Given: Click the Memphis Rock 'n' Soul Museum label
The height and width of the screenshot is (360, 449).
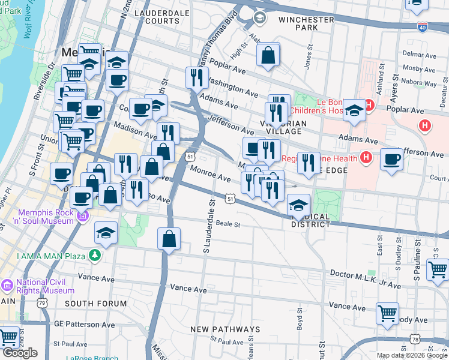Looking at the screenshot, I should (x=40, y=217).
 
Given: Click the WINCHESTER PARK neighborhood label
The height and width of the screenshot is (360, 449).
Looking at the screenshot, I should (x=307, y=23).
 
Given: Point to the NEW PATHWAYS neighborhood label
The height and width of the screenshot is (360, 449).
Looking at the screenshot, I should (x=225, y=329).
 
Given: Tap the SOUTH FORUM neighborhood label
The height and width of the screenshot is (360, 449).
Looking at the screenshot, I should (x=95, y=304).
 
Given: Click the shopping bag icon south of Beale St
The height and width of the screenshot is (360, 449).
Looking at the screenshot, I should (x=169, y=239).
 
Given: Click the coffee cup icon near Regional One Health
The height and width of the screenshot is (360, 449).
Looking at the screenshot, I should (x=391, y=160).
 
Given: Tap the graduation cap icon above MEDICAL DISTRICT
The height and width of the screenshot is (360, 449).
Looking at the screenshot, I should (x=298, y=205).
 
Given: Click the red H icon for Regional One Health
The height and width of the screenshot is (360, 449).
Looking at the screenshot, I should (x=366, y=158).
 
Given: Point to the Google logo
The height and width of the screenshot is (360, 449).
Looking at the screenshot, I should (x=20, y=353).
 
